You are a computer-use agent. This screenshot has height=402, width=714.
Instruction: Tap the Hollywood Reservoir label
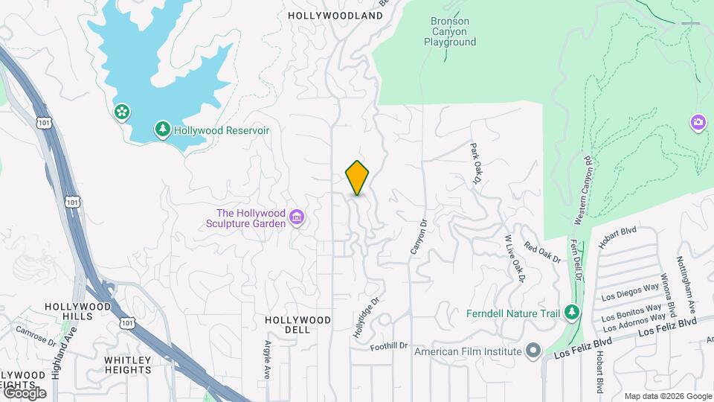pyautogui.click(x=221, y=130)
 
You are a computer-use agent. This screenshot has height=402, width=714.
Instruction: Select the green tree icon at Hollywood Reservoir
pyautogui.click(x=162, y=130)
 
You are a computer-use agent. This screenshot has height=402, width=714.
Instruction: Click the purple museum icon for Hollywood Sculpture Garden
pyautogui.click(x=297, y=217)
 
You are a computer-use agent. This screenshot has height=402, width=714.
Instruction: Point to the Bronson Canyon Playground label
pyautogui.click(x=450, y=32)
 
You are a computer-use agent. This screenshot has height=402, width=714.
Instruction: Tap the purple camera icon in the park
pyautogui.click(x=698, y=121)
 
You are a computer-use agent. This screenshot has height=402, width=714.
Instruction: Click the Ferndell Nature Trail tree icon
pyautogui.click(x=571, y=313)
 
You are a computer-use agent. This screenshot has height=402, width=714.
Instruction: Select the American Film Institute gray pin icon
pyautogui.click(x=533, y=351)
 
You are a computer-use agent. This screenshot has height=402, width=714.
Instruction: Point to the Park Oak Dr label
pyautogui.click(x=476, y=164)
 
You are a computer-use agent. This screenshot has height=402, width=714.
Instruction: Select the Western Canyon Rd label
pyautogui.click(x=582, y=191)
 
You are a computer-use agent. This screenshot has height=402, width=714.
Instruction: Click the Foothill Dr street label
pyautogui.click(x=390, y=345)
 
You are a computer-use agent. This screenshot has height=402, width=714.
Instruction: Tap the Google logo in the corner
pyautogui.click(x=25, y=392)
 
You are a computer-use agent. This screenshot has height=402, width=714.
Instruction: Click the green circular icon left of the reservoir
pyautogui.click(x=120, y=112)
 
